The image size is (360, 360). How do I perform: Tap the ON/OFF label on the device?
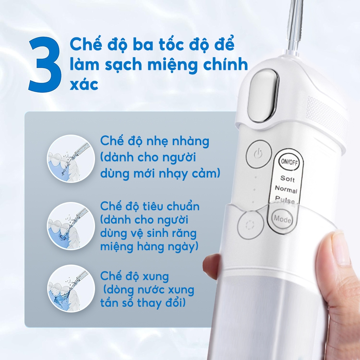(289, 162)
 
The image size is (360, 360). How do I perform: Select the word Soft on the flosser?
(287, 178)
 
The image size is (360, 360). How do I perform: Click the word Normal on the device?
(286, 189)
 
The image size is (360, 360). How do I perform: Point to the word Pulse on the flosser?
(285, 199)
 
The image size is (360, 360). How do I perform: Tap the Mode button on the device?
(282, 219)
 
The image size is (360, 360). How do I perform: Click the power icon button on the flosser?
(258, 153)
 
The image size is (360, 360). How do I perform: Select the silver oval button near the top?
(263, 96)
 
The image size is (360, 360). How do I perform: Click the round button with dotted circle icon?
(250, 225)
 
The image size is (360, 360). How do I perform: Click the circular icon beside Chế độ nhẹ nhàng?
(71, 159)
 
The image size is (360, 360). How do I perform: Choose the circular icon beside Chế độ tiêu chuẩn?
(71, 226)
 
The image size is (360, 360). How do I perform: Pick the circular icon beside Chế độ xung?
(71, 288)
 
